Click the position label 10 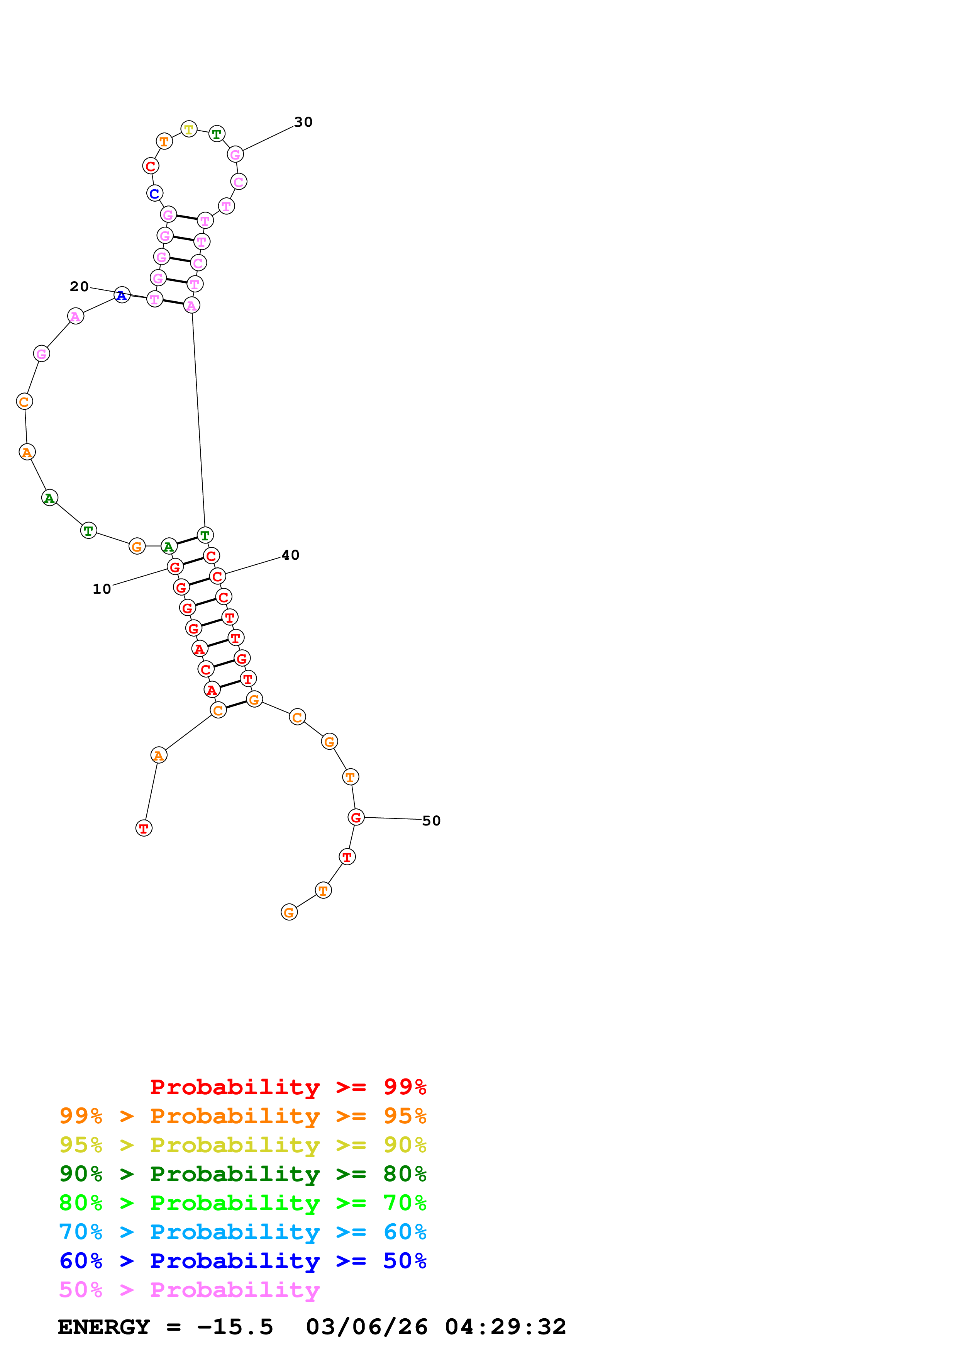coord(102,589)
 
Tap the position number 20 coord(79,287)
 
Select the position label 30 coord(303,122)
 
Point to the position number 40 coord(290,555)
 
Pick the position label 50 coord(431,821)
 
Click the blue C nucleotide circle coord(154,194)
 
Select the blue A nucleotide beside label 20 coord(122,295)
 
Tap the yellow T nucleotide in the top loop coord(189,129)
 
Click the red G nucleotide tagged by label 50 coord(356,817)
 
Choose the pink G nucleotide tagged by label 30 coord(235,155)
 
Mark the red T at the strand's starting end coord(144,829)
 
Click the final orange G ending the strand coord(289,912)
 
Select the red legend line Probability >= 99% coord(288,1087)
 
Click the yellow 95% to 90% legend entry coord(242,1145)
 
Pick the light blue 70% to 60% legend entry coord(242,1232)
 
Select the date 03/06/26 coord(367,1327)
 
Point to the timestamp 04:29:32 coord(505,1327)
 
